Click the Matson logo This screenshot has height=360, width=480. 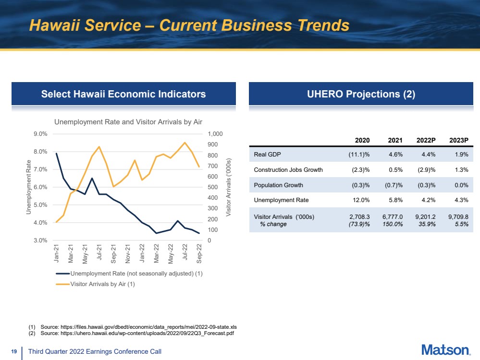tap(446, 350)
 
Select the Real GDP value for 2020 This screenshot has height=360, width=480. tap(359, 155)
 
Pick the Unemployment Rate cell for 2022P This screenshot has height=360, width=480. tap(429, 200)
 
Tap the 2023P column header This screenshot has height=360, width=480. tap(458, 140)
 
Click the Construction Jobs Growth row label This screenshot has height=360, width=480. tap(288, 170)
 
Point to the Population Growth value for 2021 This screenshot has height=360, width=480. tap(394, 185)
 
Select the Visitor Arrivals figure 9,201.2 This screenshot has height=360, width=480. tap(425, 217)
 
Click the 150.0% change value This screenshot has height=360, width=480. tap(393, 224)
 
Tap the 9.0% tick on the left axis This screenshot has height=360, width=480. tap(40, 133)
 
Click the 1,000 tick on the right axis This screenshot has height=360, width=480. tap(215, 133)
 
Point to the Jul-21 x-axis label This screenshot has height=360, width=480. tap(99, 252)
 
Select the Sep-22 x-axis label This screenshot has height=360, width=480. tap(199, 253)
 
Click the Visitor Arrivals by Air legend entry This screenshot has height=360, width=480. tap(95, 284)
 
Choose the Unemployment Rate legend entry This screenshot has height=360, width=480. tap(129, 274)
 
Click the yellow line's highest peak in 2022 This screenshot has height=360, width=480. tap(185, 142)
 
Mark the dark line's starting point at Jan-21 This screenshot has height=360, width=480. tap(56, 153)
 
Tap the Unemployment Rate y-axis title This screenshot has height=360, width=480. tap(29, 187)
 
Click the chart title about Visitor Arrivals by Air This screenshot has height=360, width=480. tap(128, 122)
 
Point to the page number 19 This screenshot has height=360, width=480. tap(14, 351)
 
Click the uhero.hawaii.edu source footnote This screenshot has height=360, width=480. tap(131, 333)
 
